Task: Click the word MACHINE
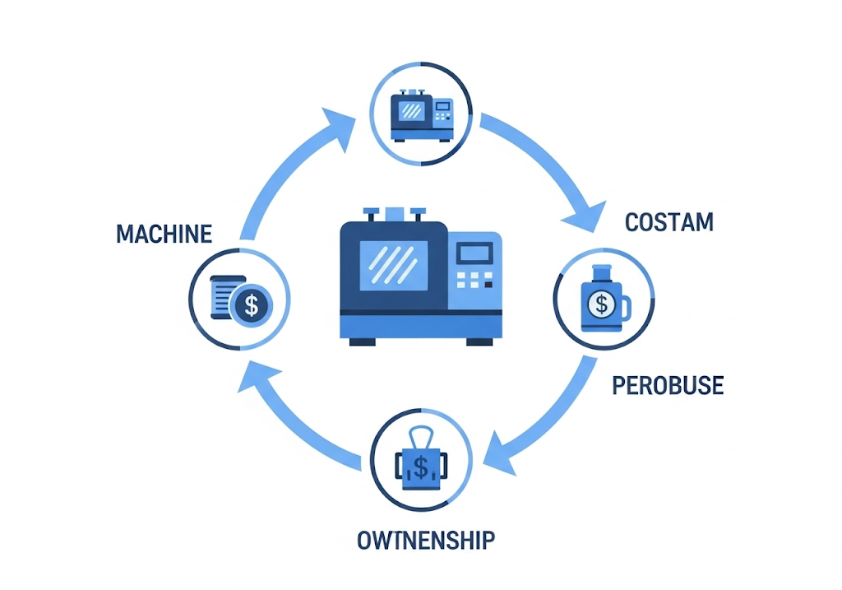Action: click(164, 234)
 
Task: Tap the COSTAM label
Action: click(669, 222)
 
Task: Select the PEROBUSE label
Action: click(668, 384)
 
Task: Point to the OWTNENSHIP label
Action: click(426, 541)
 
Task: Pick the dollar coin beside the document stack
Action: click(251, 305)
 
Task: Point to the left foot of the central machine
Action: click(363, 341)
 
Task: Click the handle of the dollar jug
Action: click(626, 309)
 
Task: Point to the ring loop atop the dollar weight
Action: click(421, 436)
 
